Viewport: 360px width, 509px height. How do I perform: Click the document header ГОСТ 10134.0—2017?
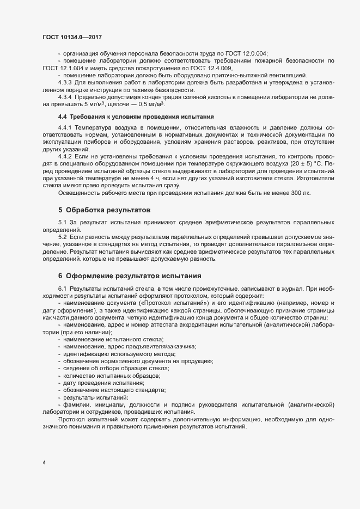click(x=72, y=37)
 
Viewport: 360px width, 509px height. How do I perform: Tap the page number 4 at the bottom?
click(x=44, y=463)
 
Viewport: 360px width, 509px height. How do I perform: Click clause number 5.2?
click(x=62, y=238)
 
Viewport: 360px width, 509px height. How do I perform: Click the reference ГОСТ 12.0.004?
click(x=247, y=53)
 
